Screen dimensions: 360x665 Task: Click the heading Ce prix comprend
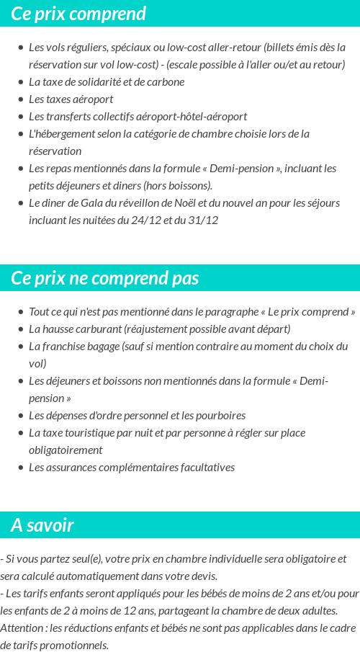[x=78, y=14]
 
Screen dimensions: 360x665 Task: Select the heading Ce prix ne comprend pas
[x=104, y=278]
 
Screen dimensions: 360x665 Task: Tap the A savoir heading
[x=42, y=525]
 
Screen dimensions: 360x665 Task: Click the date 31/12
[x=203, y=220]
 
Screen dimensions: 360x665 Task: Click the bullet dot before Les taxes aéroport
[x=20, y=99]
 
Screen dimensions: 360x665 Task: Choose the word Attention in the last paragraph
[x=22, y=628]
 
